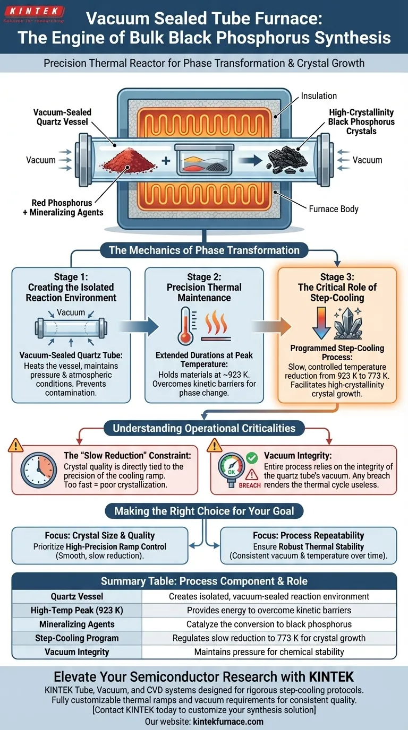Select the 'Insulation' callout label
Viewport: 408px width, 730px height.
319,96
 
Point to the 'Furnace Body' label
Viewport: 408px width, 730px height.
333,209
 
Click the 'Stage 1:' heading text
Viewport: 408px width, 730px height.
71,277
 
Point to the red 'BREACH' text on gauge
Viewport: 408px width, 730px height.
250,485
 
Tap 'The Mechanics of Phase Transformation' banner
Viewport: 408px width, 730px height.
204,250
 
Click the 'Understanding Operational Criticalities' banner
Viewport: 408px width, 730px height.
204,428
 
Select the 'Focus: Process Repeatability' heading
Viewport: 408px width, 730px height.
308,536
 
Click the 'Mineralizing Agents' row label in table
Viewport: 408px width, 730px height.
78,624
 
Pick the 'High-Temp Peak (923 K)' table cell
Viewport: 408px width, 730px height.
78,611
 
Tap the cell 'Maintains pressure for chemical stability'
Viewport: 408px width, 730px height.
269,651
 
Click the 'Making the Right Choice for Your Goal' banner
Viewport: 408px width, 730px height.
204,511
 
